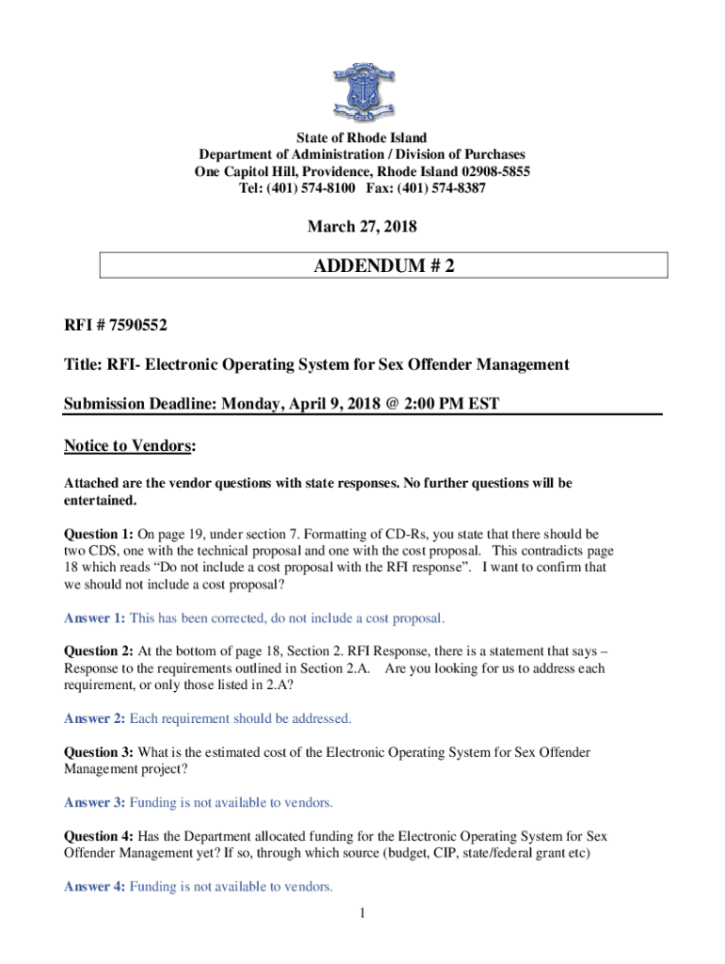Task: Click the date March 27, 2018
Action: pyautogui.click(x=362, y=227)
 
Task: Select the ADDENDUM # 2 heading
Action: pyautogui.click(x=384, y=266)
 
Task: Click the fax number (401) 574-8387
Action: pyautogui.click(x=446, y=188)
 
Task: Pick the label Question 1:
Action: pyautogui.click(x=97, y=534)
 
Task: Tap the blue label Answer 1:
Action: pyautogui.click(x=94, y=619)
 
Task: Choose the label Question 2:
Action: pyautogui.click(x=98, y=651)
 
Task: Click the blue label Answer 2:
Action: pyautogui.click(x=94, y=718)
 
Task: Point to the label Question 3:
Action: pyautogui.click(x=98, y=752)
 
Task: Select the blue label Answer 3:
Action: pyautogui.click(x=94, y=803)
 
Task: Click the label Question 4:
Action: pyautogui.click(x=98, y=836)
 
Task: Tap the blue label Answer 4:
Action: pyautogui.click(x=94, y=887)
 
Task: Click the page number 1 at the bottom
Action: pyautogui.click(x=362, y=913)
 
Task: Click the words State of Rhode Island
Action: pyautogui.click(x=362, y=137)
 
